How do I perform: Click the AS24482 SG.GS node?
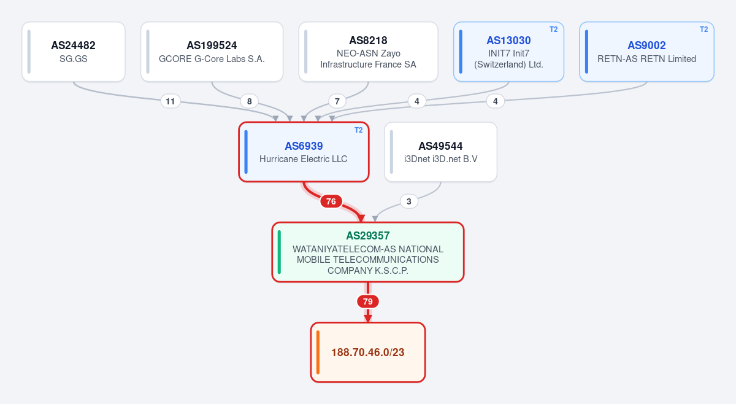(x=74, y=52)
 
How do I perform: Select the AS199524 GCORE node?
(x=212, y=52)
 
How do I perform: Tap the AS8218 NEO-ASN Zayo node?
(x=369, y=52)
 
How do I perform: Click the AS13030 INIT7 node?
(x=508, y=52)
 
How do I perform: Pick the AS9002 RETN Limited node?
(x=646, y=52)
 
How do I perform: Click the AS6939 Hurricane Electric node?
(x=304, y=152)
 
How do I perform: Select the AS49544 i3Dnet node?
(x=440, y=152)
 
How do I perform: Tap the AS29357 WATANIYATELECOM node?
(x=368, y=252)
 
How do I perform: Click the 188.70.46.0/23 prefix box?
(x=368, y=352)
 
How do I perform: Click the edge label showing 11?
(x=171, y=101)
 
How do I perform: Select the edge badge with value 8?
(x=250, y=101)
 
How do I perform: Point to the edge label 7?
(x=337, y=101)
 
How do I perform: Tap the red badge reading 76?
(x=331, y=201)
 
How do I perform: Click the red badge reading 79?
(x=368, y=301)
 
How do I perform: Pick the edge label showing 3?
(x=408, y=201)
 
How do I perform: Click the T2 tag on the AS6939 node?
(x=358, y=130)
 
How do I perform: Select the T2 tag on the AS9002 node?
(x=704, y=29)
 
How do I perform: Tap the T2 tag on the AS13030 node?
(x=554, y=29)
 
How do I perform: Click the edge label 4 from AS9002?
(x=496, y=101)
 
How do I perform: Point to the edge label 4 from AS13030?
(x=417, y=101)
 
